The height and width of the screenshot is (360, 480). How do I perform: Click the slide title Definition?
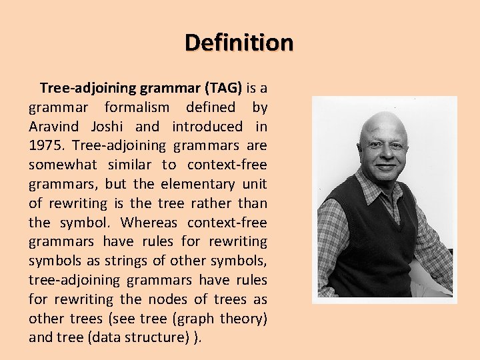pos(239,43)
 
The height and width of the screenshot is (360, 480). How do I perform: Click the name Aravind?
pos(52,127)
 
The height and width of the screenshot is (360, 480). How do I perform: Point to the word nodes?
pos(173,299)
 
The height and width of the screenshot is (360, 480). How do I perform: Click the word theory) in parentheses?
pos(243,319)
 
